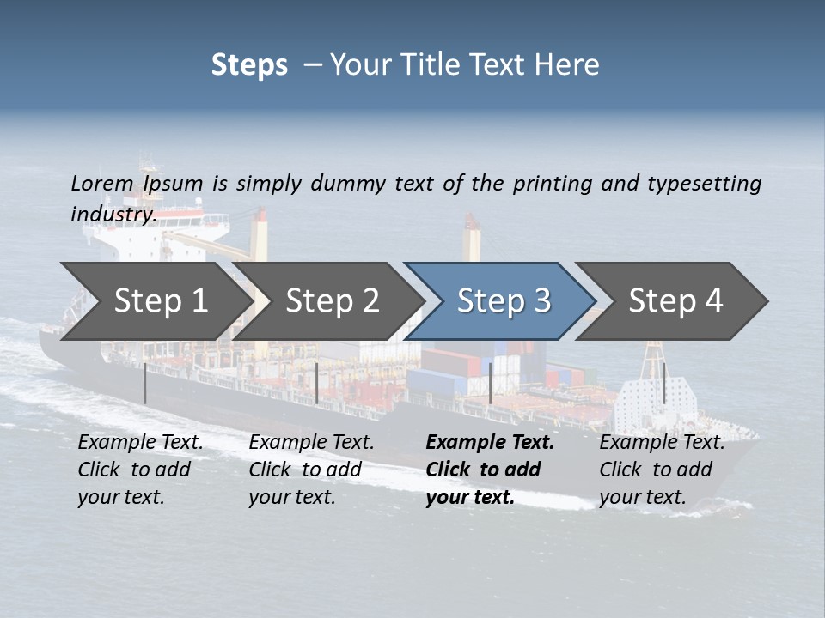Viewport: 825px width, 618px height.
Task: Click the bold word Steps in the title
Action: pyautogui.click(x=249, y=65)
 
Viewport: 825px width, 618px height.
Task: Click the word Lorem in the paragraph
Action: pyautogui.click(x=102, y=184)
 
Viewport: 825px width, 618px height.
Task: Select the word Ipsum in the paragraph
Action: pyautogui.click(x=174, y=184)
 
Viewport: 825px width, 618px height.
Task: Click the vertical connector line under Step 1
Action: pyautogui.click(x=145, y=383)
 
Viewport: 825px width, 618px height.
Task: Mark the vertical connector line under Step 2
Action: pyautogui.click(x=317, y=383)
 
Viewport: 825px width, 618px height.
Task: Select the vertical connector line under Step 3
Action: pyautogui.click(x=490, y=383)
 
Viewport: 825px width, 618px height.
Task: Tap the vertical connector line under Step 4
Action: pyautogui.click(x=663, y=383)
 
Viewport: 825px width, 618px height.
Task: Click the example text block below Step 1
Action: pyautogui.click(x=140, y=470)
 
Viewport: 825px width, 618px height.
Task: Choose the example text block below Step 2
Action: pyautogui.click(x=311, y=470)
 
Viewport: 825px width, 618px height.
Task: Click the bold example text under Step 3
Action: pyautogui.click(x=490, y=470)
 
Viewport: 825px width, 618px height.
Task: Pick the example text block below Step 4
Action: pyautogui.click(x=662, y=470)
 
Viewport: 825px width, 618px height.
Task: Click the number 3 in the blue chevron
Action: pyautogui.click(x=541, y=301)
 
